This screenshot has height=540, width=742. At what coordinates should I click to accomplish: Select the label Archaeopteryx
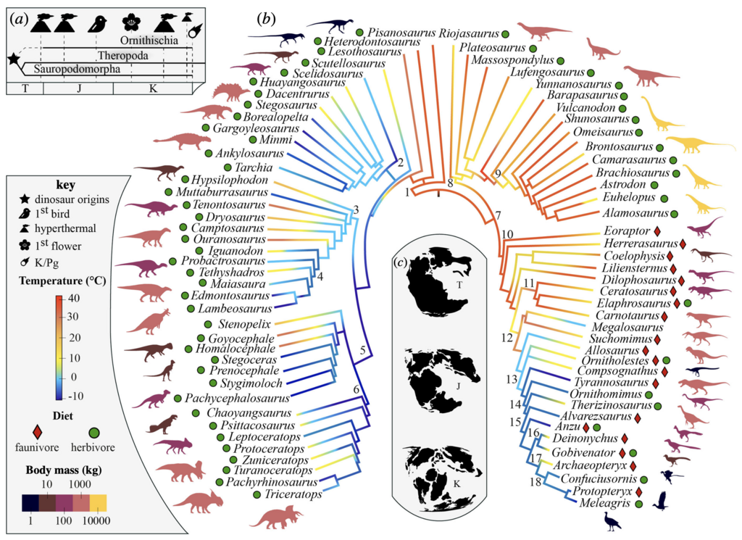[x=590, y=465]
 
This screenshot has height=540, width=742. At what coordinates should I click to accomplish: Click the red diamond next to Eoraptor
[x=656, y=231]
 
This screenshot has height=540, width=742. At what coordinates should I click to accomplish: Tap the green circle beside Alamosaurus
[x=674, y=214]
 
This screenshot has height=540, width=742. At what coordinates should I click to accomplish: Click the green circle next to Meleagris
[x=639, y=504]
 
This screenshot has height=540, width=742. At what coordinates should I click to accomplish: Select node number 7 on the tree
[x=497, y=216]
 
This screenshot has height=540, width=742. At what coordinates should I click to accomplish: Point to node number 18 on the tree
[x=535, y=482]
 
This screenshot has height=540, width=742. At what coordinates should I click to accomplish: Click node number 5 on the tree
[x=363, y=351]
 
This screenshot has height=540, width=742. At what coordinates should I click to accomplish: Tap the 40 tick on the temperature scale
[x=74, y=298]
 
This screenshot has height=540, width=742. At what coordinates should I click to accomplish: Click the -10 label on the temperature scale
[x=75, y=396]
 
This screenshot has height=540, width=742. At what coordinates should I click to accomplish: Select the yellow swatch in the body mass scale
[x=98, y=502]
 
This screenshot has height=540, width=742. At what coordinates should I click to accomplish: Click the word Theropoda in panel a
[x=123, y=55]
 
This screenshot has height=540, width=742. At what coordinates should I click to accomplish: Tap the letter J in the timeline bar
[x=79, y=88]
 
